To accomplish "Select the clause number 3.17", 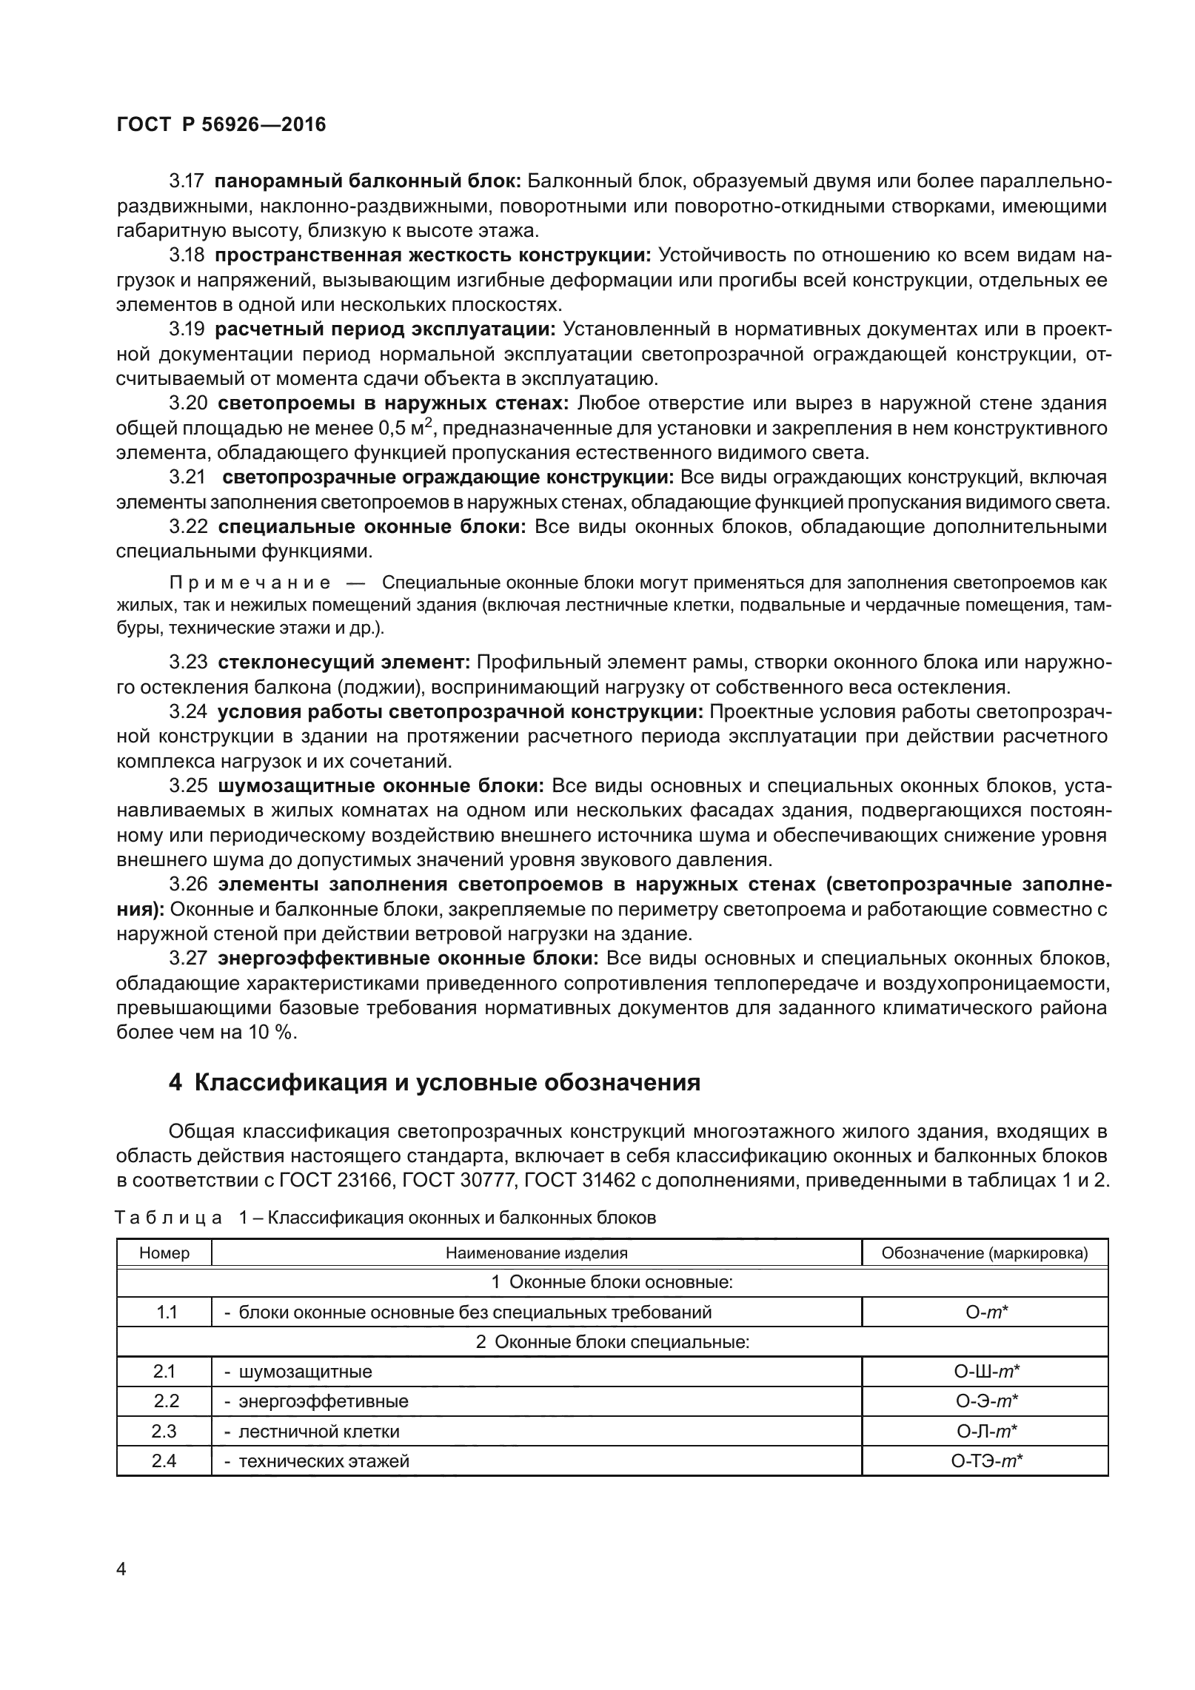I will (187, 181).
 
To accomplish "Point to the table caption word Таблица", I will (170, 1218).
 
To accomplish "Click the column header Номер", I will (164, 1253).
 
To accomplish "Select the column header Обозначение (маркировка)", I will (985, 1253).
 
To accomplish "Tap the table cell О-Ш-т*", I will (985, 1372).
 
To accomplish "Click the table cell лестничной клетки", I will (318, 1431).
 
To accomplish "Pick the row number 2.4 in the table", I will (164, 1461).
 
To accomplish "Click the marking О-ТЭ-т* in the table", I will (985, 1461).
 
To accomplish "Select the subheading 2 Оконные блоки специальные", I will (612, 1341).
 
